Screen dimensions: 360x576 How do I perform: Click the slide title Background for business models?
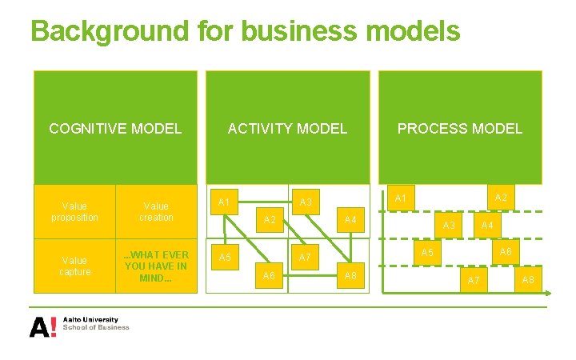click(245, 31)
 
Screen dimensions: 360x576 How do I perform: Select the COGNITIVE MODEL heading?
click(115, 128)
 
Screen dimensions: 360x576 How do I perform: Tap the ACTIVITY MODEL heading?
click(287, 128)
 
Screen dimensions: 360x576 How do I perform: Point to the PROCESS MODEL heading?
click(460, 128)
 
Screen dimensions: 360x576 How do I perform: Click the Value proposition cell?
click(74, 212)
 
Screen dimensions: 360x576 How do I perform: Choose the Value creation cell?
click(156, 212)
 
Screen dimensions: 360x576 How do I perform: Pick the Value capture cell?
click(74, 266)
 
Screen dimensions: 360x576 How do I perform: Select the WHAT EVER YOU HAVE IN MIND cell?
click(156, 266)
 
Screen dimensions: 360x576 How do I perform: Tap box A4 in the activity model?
click(350, 220)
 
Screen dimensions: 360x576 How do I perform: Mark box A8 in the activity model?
click(350, 275)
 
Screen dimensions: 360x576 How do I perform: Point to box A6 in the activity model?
click(270, 275)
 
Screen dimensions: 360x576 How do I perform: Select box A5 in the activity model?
click(226, 258)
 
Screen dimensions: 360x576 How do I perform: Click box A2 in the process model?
click(500, 198)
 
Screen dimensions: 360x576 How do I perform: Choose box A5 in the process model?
click(428, 252)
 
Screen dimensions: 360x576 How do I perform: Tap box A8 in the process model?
click(528, 279)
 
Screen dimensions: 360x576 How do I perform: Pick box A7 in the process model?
click(474, 279)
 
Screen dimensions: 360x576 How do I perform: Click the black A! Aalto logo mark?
click(43, 326)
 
